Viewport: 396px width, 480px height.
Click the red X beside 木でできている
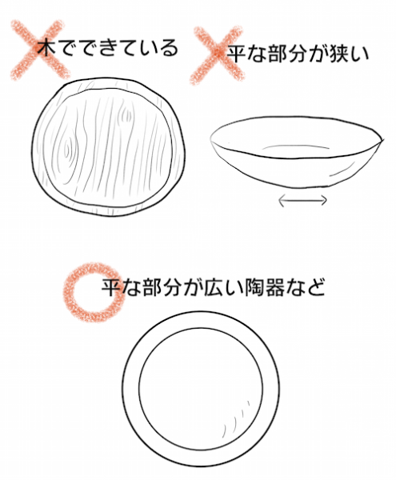click(x=39, y=50)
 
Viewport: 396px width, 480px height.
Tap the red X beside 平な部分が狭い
click(x=218, y=54)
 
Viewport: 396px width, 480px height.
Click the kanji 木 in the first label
click(x=47, y=47)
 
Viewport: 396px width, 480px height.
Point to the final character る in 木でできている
click(x=170, y=48)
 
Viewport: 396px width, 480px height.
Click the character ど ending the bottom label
click(x=315, y=287)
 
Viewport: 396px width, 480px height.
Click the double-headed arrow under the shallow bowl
click(x=302, y=200)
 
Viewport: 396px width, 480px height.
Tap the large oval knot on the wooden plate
click(x=67, y=150)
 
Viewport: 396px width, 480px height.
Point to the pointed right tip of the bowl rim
click(x=382, y=139)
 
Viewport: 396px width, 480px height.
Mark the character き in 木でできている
click(x=109, y=48)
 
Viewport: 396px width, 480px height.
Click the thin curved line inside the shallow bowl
click(x=296, y=146)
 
